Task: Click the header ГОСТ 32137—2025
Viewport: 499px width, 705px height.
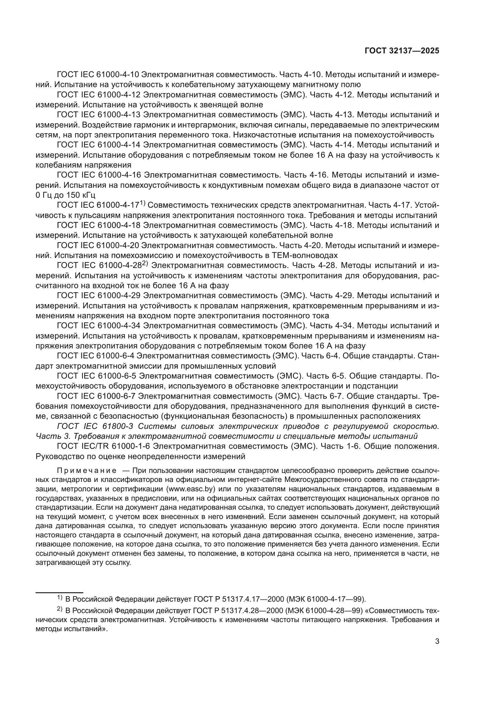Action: (402, 51)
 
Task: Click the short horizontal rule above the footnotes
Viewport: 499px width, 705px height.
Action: (59, 592)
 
